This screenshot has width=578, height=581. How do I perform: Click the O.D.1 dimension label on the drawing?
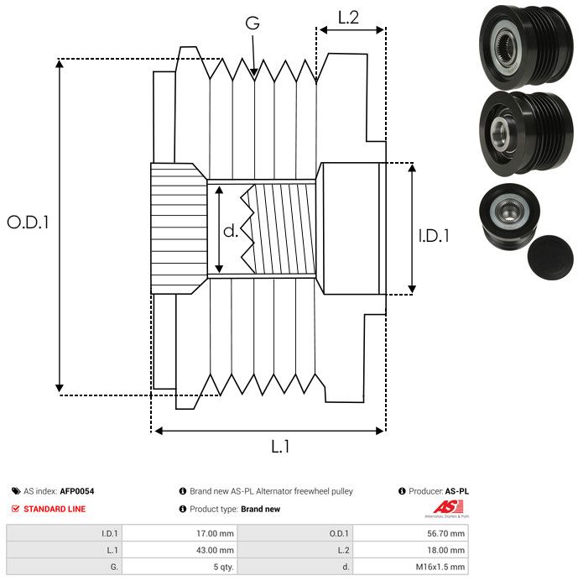[x=28, y=223]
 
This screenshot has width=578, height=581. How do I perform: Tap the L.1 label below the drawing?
[x=281, y=447]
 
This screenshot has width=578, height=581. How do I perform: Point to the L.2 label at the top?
[x=348, y=18]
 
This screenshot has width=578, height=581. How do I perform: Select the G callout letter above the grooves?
[x=253, y=23]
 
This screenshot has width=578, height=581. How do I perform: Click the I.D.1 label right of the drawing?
[x=434, y=237]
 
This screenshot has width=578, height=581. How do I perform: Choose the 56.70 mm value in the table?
[x=445, y=533]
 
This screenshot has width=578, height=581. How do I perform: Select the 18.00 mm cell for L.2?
[x=445, y=550]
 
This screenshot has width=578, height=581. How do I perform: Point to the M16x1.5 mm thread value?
[x=440, y=567]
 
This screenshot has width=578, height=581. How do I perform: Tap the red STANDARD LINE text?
[x=55, y=509]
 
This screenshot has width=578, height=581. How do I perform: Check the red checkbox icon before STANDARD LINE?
[x=16, y=509]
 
